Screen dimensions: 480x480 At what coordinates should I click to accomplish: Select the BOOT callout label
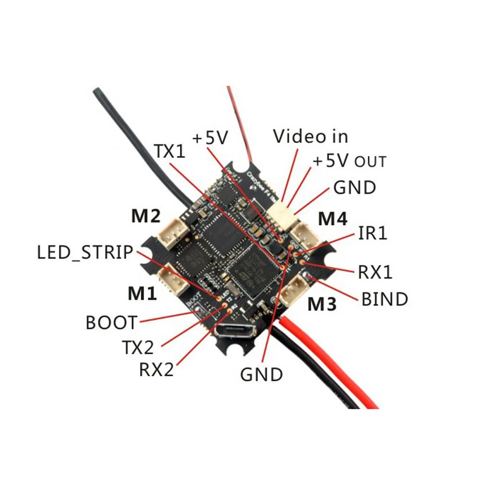[111, 323]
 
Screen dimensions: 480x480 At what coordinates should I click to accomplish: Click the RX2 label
[156, 369]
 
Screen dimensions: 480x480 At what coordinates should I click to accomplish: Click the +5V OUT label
[349, 161]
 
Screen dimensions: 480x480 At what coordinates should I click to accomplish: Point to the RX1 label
[375, 272]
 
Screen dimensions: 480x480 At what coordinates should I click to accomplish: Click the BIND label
[384, 299]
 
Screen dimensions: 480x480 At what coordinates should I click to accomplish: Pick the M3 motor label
[323, 304]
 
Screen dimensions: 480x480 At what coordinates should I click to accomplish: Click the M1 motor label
[142, 293]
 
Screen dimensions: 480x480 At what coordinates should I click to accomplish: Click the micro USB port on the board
[235, 332]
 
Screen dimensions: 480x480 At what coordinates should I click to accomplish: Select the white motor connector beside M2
[170, 233]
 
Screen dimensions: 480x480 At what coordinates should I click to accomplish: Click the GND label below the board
[262, 374]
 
